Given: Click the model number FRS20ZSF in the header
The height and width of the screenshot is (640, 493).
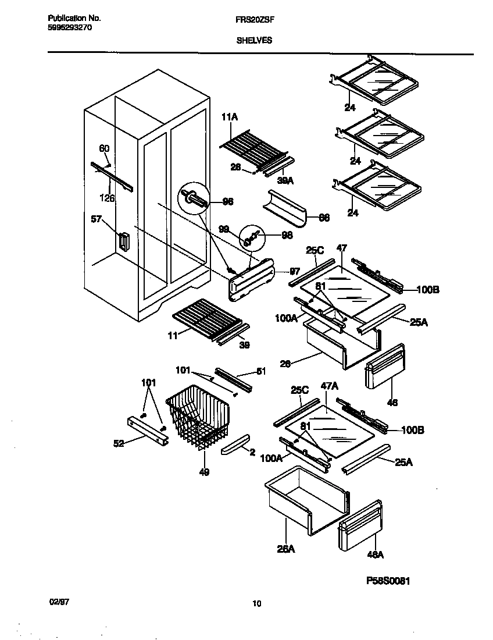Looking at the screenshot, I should click(255, 19).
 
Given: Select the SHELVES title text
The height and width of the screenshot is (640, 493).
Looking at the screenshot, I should click(255, 41).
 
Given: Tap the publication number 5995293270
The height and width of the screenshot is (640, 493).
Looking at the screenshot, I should click(69, 27).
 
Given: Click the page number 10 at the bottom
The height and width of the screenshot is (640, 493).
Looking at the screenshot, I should click(256, 603).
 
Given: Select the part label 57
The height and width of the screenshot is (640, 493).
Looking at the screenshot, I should click(97, 219).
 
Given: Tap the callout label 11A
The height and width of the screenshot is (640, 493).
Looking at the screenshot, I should click(230, 118).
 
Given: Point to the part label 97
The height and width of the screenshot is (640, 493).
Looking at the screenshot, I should click(295, 271).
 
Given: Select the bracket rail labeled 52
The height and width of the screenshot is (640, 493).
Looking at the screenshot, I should click(148, 430).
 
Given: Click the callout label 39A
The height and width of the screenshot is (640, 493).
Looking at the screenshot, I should click(285, 181).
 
